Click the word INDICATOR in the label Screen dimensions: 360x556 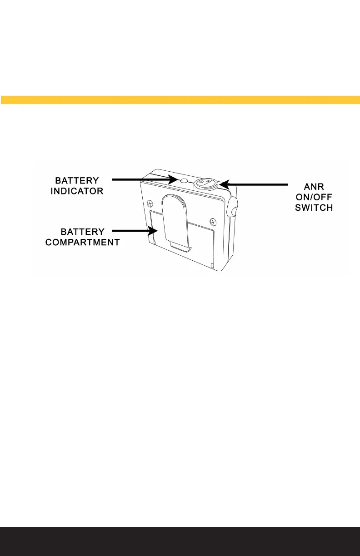click(x=77, y=192)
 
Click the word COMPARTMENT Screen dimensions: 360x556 click(x=83, y=243)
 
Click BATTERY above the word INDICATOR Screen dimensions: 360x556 click(x=77, y=181)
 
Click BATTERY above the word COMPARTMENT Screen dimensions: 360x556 click(x=83, y=232)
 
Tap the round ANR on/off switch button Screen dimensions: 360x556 click(x=205, y=183)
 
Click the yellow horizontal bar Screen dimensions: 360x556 click(x=180, y=99)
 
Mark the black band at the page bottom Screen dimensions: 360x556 click(x=180, y=541)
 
